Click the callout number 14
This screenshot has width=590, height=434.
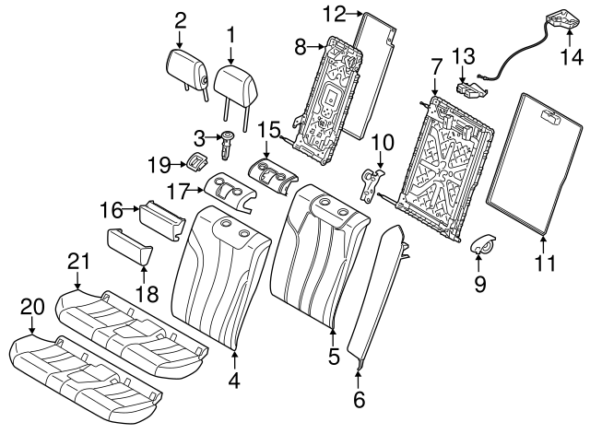tap(572, 58)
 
